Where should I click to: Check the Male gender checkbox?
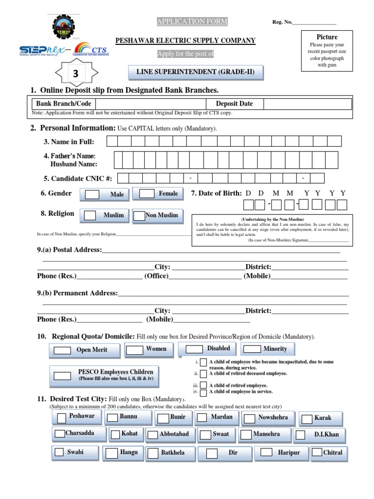pyautogui.click(x=92, y=194)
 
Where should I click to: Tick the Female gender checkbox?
pyautogui.click(x=147, y=193)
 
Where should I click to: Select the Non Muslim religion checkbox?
pyautogui.click(x=139, y=215)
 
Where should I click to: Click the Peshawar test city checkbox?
pyautogui.click(x=61, y=418)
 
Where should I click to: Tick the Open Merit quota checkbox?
pyautogui.click(x=62, y=350)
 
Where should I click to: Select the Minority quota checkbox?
pyautogui.click(x=252, y=349)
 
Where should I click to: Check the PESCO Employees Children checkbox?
pyautogui.click(x=62, y=375)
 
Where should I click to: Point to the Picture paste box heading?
pyautogui.click(x=327, y=37)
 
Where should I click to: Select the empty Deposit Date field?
pyautogui.click(x=308, y=104)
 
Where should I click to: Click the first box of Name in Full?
pyautogui.click(x=112, y=141)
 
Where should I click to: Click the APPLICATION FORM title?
pyautogui.click(x=191, y=21)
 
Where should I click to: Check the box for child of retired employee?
pyautogui.click(x=204, y=385)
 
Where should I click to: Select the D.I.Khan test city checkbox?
pyautogui.click(x=300, y=435)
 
